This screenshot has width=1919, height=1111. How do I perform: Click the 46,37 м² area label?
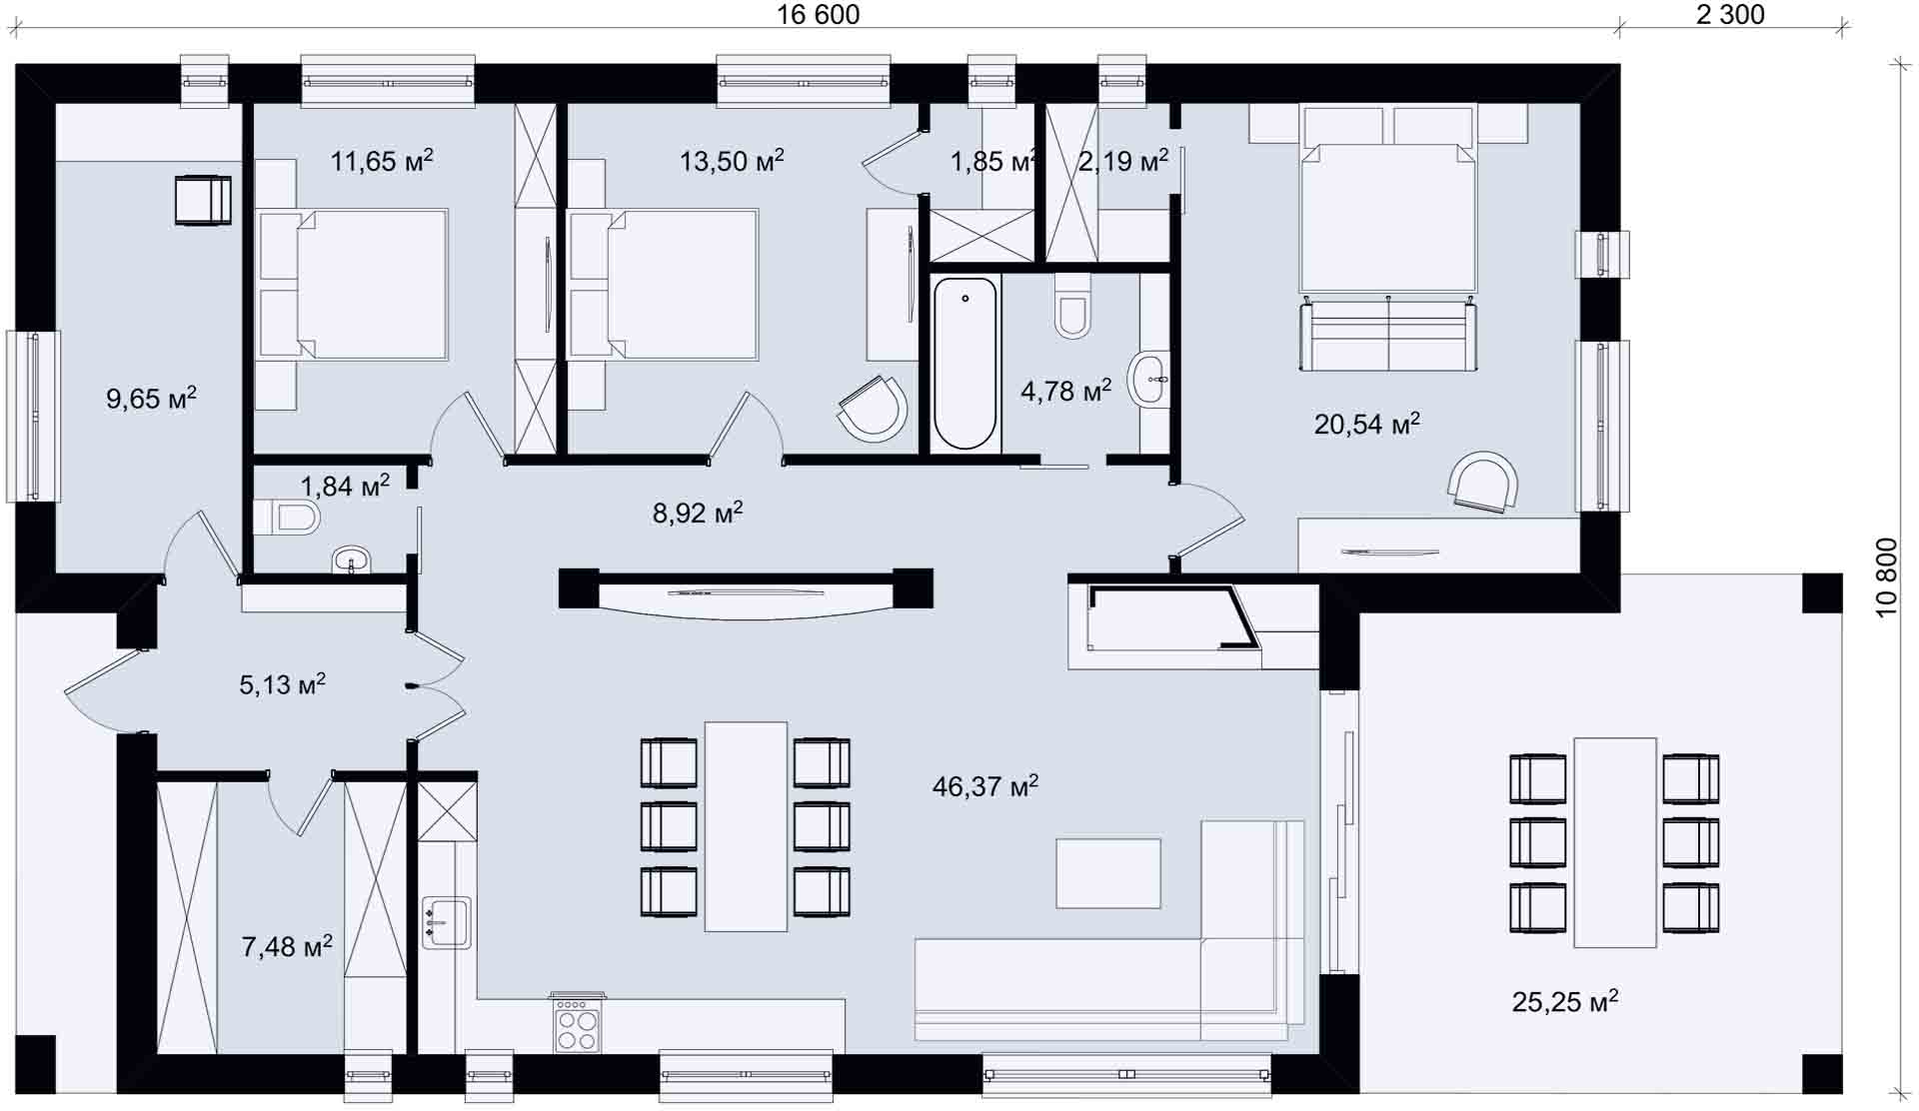pyautogui.click(x=985, y=786)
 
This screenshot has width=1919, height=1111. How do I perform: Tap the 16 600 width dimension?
pyautogui.click(x=818, y=14)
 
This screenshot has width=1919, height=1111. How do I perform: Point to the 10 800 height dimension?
pyautogui.click(x=1886, y=577)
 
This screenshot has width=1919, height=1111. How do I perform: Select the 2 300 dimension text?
pyautogui.click(x=1730, y=14)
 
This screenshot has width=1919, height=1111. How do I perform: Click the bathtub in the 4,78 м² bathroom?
pyautogui.click(x=965, y=364)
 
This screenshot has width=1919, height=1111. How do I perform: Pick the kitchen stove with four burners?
pyautogui.click(x=578, y=1023)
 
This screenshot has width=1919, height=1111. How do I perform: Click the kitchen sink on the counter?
pyautogui.click(x=446, y=922)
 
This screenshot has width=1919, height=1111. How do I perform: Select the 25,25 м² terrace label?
pyautogui.click(x=1565, y=1001)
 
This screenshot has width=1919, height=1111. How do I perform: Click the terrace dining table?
pyautogui.click(x=1615, y=842)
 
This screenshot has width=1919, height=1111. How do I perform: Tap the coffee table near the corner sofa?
pyautogui.click(x=1108, y=873)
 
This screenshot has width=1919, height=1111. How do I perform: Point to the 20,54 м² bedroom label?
pyautogui.click(x=1367, y=425)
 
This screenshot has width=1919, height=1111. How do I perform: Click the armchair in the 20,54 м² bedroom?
pyautogui.click(x=1484, y=482)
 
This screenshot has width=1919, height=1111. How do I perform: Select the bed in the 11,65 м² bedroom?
pyautogui.click(x=352, y=284)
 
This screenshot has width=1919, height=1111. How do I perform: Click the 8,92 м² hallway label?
pyautogui.click(x=698, y=513)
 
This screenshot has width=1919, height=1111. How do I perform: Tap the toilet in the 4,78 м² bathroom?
pyautogui.click(x=1072, y=304)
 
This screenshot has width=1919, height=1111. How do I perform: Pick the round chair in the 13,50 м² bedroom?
pyautogui.click(x=873, y=409)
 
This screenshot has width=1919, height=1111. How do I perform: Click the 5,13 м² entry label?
pyautogui.click(x=283, y=684)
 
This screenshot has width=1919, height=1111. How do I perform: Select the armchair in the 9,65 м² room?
pyautogui.click(x=203, y=200)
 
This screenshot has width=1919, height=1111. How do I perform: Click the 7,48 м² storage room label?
pyautogui.click(x=287, y=946)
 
